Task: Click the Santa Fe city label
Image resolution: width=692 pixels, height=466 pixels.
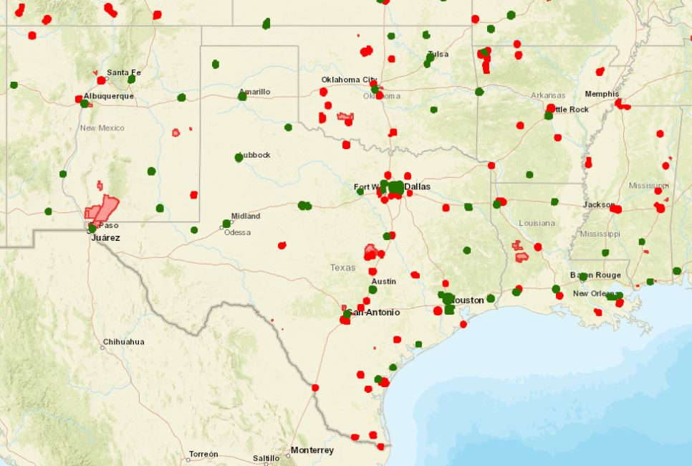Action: point(123,72)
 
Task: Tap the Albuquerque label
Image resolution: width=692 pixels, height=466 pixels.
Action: point(109,96)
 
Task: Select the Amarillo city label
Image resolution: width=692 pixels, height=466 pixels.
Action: point(255,92)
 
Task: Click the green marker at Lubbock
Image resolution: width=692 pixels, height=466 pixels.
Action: point(239,157)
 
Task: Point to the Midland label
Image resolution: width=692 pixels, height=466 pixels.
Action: point(246,216)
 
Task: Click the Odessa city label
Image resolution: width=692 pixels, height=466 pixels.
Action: point(238,232)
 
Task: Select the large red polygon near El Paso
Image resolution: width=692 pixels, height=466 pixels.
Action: point(102,209)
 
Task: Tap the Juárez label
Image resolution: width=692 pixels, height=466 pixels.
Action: point(105,237)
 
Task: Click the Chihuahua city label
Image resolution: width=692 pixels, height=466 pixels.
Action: point(123,342)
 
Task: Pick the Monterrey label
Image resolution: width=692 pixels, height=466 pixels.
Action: point(312,450)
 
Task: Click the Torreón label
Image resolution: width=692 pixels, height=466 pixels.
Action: point(203,455)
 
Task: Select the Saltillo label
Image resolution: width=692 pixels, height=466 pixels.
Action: point(266,458)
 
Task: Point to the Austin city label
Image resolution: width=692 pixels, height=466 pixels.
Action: point(383,281)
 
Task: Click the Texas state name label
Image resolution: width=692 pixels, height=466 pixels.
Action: point(342,267)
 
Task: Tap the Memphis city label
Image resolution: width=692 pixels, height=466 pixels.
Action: point(602,94)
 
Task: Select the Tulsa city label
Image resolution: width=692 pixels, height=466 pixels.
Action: point(438,54)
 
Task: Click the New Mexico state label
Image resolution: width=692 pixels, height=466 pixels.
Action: point(102,128)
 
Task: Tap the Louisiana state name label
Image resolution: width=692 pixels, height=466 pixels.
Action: point(537,223)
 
